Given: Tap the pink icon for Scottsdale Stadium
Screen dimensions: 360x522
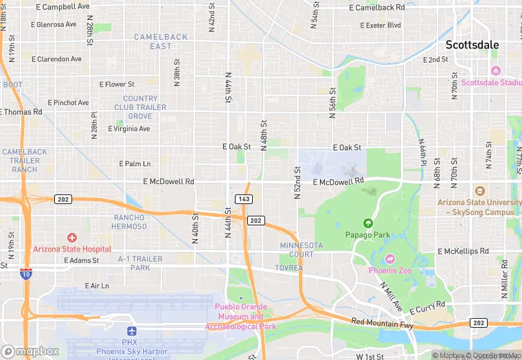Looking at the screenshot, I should click(x=495, y=71).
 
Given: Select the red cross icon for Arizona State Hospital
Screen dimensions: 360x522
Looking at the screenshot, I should click(x=72, y=237).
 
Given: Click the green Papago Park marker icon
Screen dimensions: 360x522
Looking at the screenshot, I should click(x=367, y=223).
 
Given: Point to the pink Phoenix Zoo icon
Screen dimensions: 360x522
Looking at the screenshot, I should click(x=390, y=258).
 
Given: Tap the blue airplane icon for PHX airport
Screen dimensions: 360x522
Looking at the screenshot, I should click(x=133, y=331).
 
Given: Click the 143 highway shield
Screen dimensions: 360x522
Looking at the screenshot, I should click(x=243, y=199).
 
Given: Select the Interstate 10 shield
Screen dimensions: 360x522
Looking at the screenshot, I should click(x=25, y=273).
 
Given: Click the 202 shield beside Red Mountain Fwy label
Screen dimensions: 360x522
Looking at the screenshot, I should click(x=479, y=322).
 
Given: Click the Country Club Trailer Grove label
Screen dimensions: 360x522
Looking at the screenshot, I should click(x=140, y=107).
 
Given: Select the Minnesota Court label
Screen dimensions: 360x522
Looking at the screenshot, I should click(x=301, y=249).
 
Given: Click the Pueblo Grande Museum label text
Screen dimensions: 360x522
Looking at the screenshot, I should click(x=240, y=317).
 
